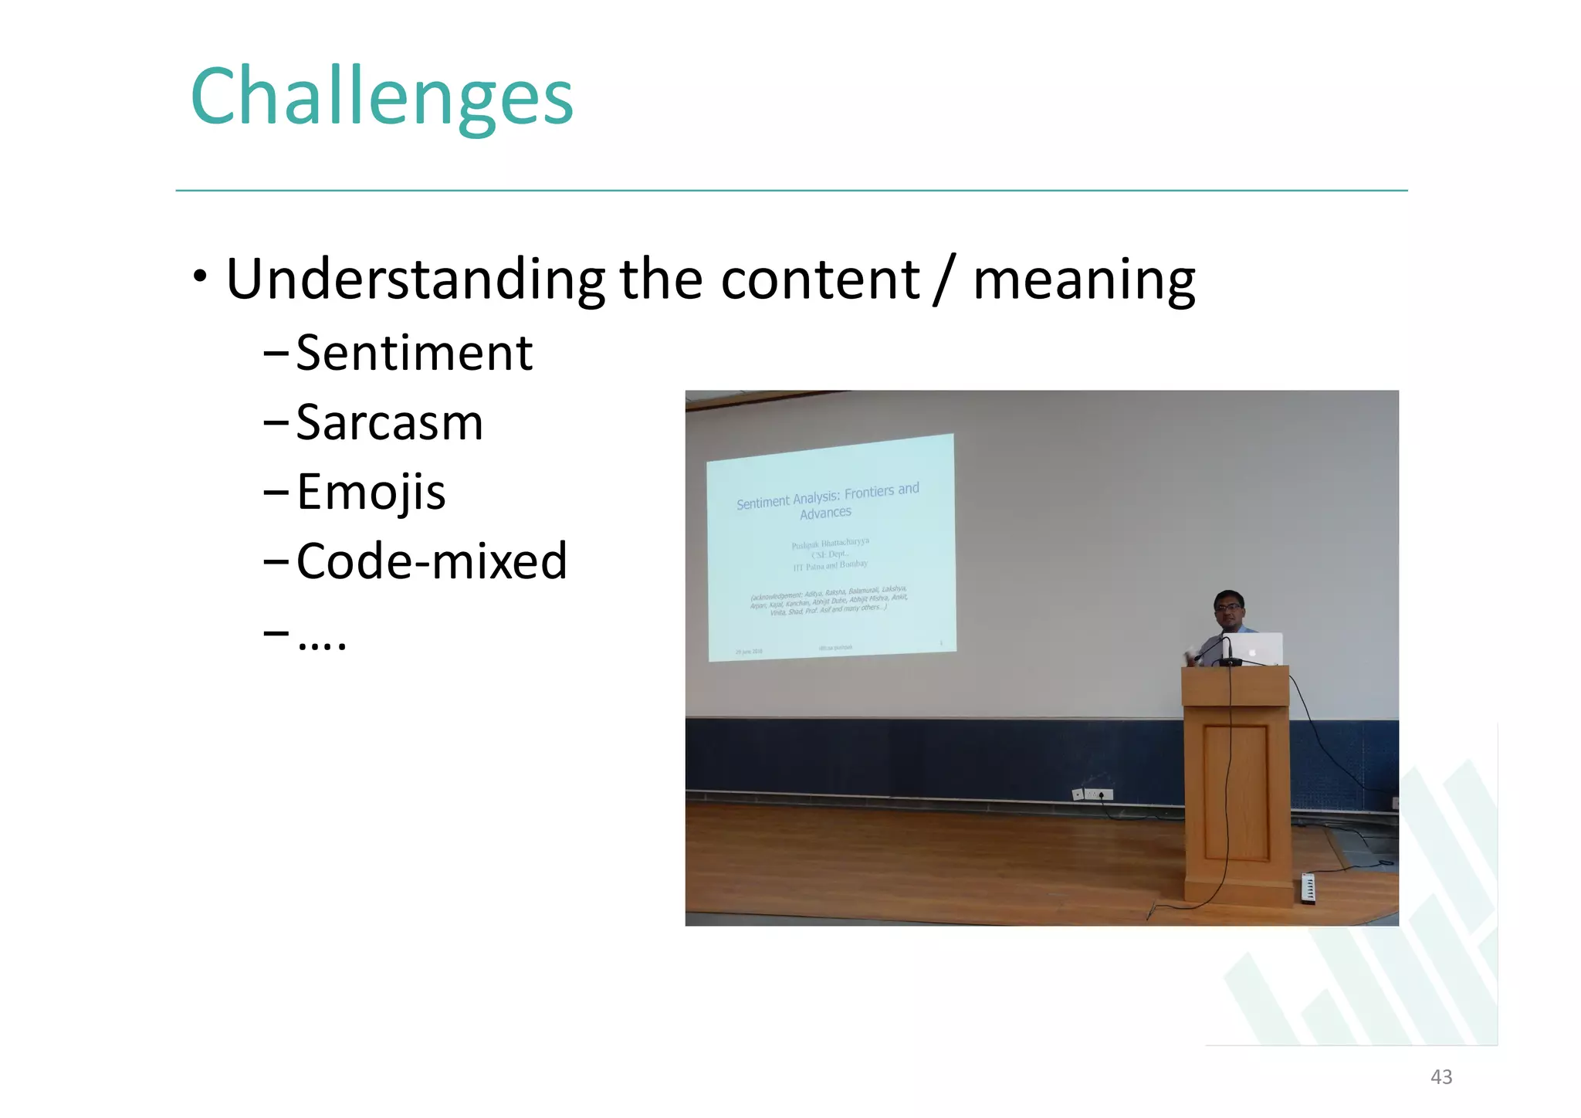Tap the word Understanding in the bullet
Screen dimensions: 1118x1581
tap(415, 279)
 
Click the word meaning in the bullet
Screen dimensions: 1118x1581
tap(1084, 279)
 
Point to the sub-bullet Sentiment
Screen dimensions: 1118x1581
tap(414, 354)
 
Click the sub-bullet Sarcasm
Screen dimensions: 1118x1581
tap(389, 423)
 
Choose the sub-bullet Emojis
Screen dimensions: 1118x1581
tap(371, 493)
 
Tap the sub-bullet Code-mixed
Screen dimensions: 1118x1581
tap(432, 561)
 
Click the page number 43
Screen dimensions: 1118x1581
tap(1441, 1077)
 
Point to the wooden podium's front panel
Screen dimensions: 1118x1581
tap(1235, 791)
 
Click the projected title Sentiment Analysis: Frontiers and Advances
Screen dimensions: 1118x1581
tap(828, 501)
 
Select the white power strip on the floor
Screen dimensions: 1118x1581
tap(1308, 888)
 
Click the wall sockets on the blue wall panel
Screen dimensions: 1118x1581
tap(1092, 794)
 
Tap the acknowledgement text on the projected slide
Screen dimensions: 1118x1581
tap(828, 600)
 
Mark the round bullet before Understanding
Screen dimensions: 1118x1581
tap(201, 276)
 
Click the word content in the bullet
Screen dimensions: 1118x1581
tap(820, 279)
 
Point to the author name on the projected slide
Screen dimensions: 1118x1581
tap(830, 544)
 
